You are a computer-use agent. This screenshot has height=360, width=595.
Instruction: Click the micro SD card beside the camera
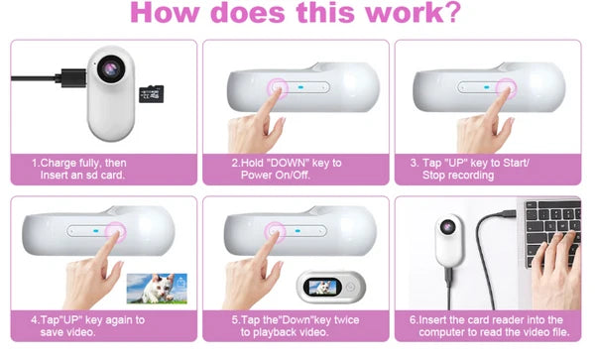point(151,94)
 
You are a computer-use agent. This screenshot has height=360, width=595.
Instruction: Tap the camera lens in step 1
point(111,69)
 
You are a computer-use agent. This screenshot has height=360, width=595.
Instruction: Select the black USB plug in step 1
point(71,78)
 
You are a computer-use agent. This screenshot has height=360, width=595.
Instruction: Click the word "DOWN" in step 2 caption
point(289,163)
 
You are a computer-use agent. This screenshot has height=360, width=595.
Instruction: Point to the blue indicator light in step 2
point(300,87)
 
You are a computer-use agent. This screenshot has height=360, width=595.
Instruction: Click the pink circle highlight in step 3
point(506,88)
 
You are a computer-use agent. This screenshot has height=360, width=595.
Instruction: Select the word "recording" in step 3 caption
point(471,176)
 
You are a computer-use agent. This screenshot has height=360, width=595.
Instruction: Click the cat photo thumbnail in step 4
point(157,289)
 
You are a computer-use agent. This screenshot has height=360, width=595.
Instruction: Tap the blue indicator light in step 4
point(96,231)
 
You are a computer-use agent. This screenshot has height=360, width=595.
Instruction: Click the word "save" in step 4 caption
point(53,332)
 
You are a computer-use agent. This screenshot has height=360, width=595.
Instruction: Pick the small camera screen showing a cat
point(322,287)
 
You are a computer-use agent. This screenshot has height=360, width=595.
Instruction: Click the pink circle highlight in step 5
point(275,232)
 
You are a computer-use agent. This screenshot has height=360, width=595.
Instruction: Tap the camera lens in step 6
point(448,226)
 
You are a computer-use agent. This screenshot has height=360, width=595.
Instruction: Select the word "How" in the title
point(165,12)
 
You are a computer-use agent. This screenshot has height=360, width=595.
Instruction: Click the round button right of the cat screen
point(350,288)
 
